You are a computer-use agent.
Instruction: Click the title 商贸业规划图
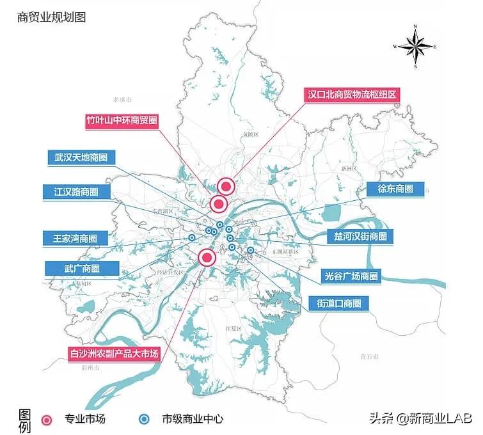pos(51,17)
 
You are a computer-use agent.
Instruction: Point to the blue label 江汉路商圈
pos(72,191)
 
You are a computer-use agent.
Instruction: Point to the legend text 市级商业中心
pos(192,420)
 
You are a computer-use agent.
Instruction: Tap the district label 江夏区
pos(232,328)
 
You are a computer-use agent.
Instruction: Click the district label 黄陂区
pos(249,134)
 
